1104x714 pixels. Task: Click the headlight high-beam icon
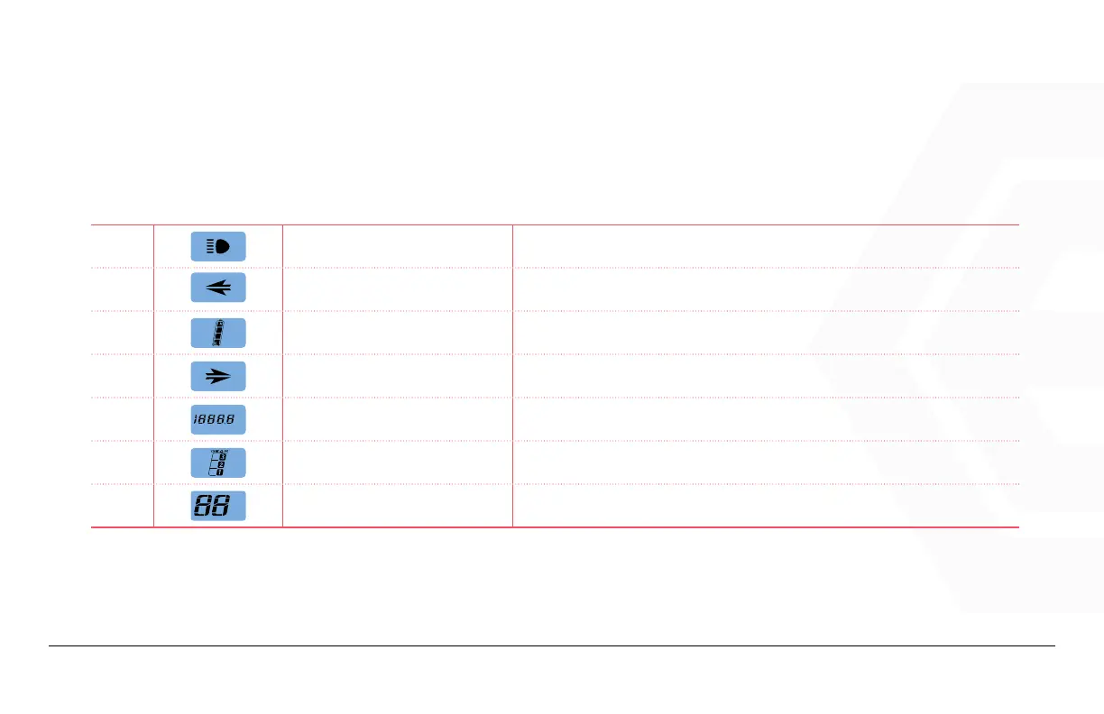218,246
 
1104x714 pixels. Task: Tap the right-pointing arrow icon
218,376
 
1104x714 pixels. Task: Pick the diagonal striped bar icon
218,333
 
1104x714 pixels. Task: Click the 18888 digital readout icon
218,419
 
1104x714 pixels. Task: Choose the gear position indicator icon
218,462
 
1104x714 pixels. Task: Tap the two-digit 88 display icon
218,506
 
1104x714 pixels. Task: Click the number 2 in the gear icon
220,463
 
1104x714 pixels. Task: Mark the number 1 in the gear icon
220,471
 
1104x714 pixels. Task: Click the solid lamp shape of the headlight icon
223,246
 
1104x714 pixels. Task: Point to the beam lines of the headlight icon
211,246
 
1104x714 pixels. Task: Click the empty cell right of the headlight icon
397,246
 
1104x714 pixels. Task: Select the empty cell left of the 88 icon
123,506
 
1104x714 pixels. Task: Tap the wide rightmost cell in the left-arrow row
765,289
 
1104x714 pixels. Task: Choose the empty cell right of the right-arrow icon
397,376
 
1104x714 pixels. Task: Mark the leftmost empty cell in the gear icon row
123,462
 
